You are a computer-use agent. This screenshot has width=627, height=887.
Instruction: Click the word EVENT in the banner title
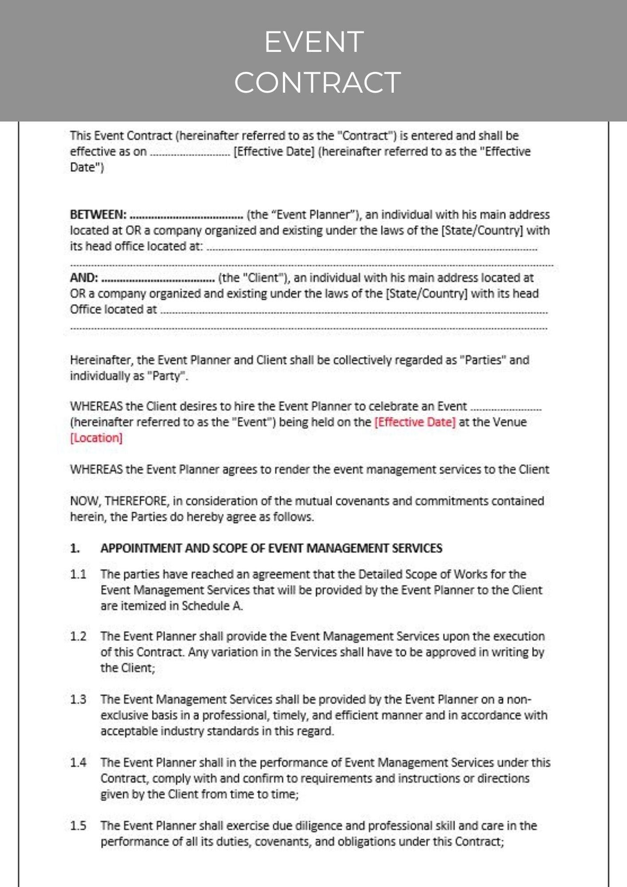click(314, 42)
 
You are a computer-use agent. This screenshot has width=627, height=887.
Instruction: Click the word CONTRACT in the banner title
click(317, 82)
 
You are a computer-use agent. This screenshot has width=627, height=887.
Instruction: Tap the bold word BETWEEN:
click(98, 215)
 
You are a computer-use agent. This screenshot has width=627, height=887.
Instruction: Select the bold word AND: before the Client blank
click(84, 278)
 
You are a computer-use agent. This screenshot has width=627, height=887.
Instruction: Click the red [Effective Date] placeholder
click(415, 422)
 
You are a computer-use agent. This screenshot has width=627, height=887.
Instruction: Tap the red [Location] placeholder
click(96, 438)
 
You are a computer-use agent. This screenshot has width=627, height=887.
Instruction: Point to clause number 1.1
click(78, 574)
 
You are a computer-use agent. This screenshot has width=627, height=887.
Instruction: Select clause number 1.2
click(78, 636)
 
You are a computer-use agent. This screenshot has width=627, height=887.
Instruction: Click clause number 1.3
click(78, 699)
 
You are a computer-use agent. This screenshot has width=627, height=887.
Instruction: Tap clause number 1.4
click(78, 762)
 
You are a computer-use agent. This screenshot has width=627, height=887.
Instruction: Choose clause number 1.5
click(78, 826)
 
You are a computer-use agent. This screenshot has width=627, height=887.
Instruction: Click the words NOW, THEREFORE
click(119, 501)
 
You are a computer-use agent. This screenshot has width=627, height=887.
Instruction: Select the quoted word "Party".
click(166, 376)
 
